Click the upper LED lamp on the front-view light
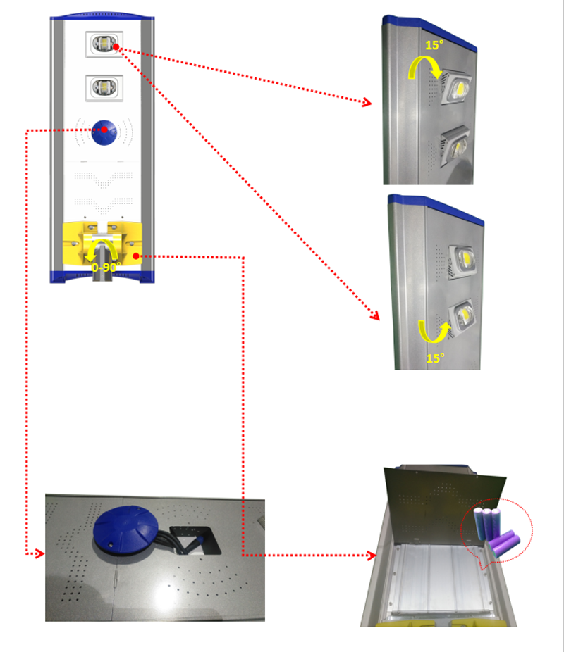[104, 44]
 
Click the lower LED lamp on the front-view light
[104, 88]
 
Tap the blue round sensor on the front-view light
[104, 132]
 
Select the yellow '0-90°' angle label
[106, 267]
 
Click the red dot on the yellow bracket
[135, 256]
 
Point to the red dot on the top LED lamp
[116, 47]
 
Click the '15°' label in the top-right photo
[434, 45]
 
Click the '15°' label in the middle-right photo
[435, 358]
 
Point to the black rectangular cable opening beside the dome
[195, 540]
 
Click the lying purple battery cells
[505, 543]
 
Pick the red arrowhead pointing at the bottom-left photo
[40, 553]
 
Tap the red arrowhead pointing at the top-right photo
[367, 102]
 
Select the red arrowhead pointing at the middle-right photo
[375, 315]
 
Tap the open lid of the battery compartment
[446, 506]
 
